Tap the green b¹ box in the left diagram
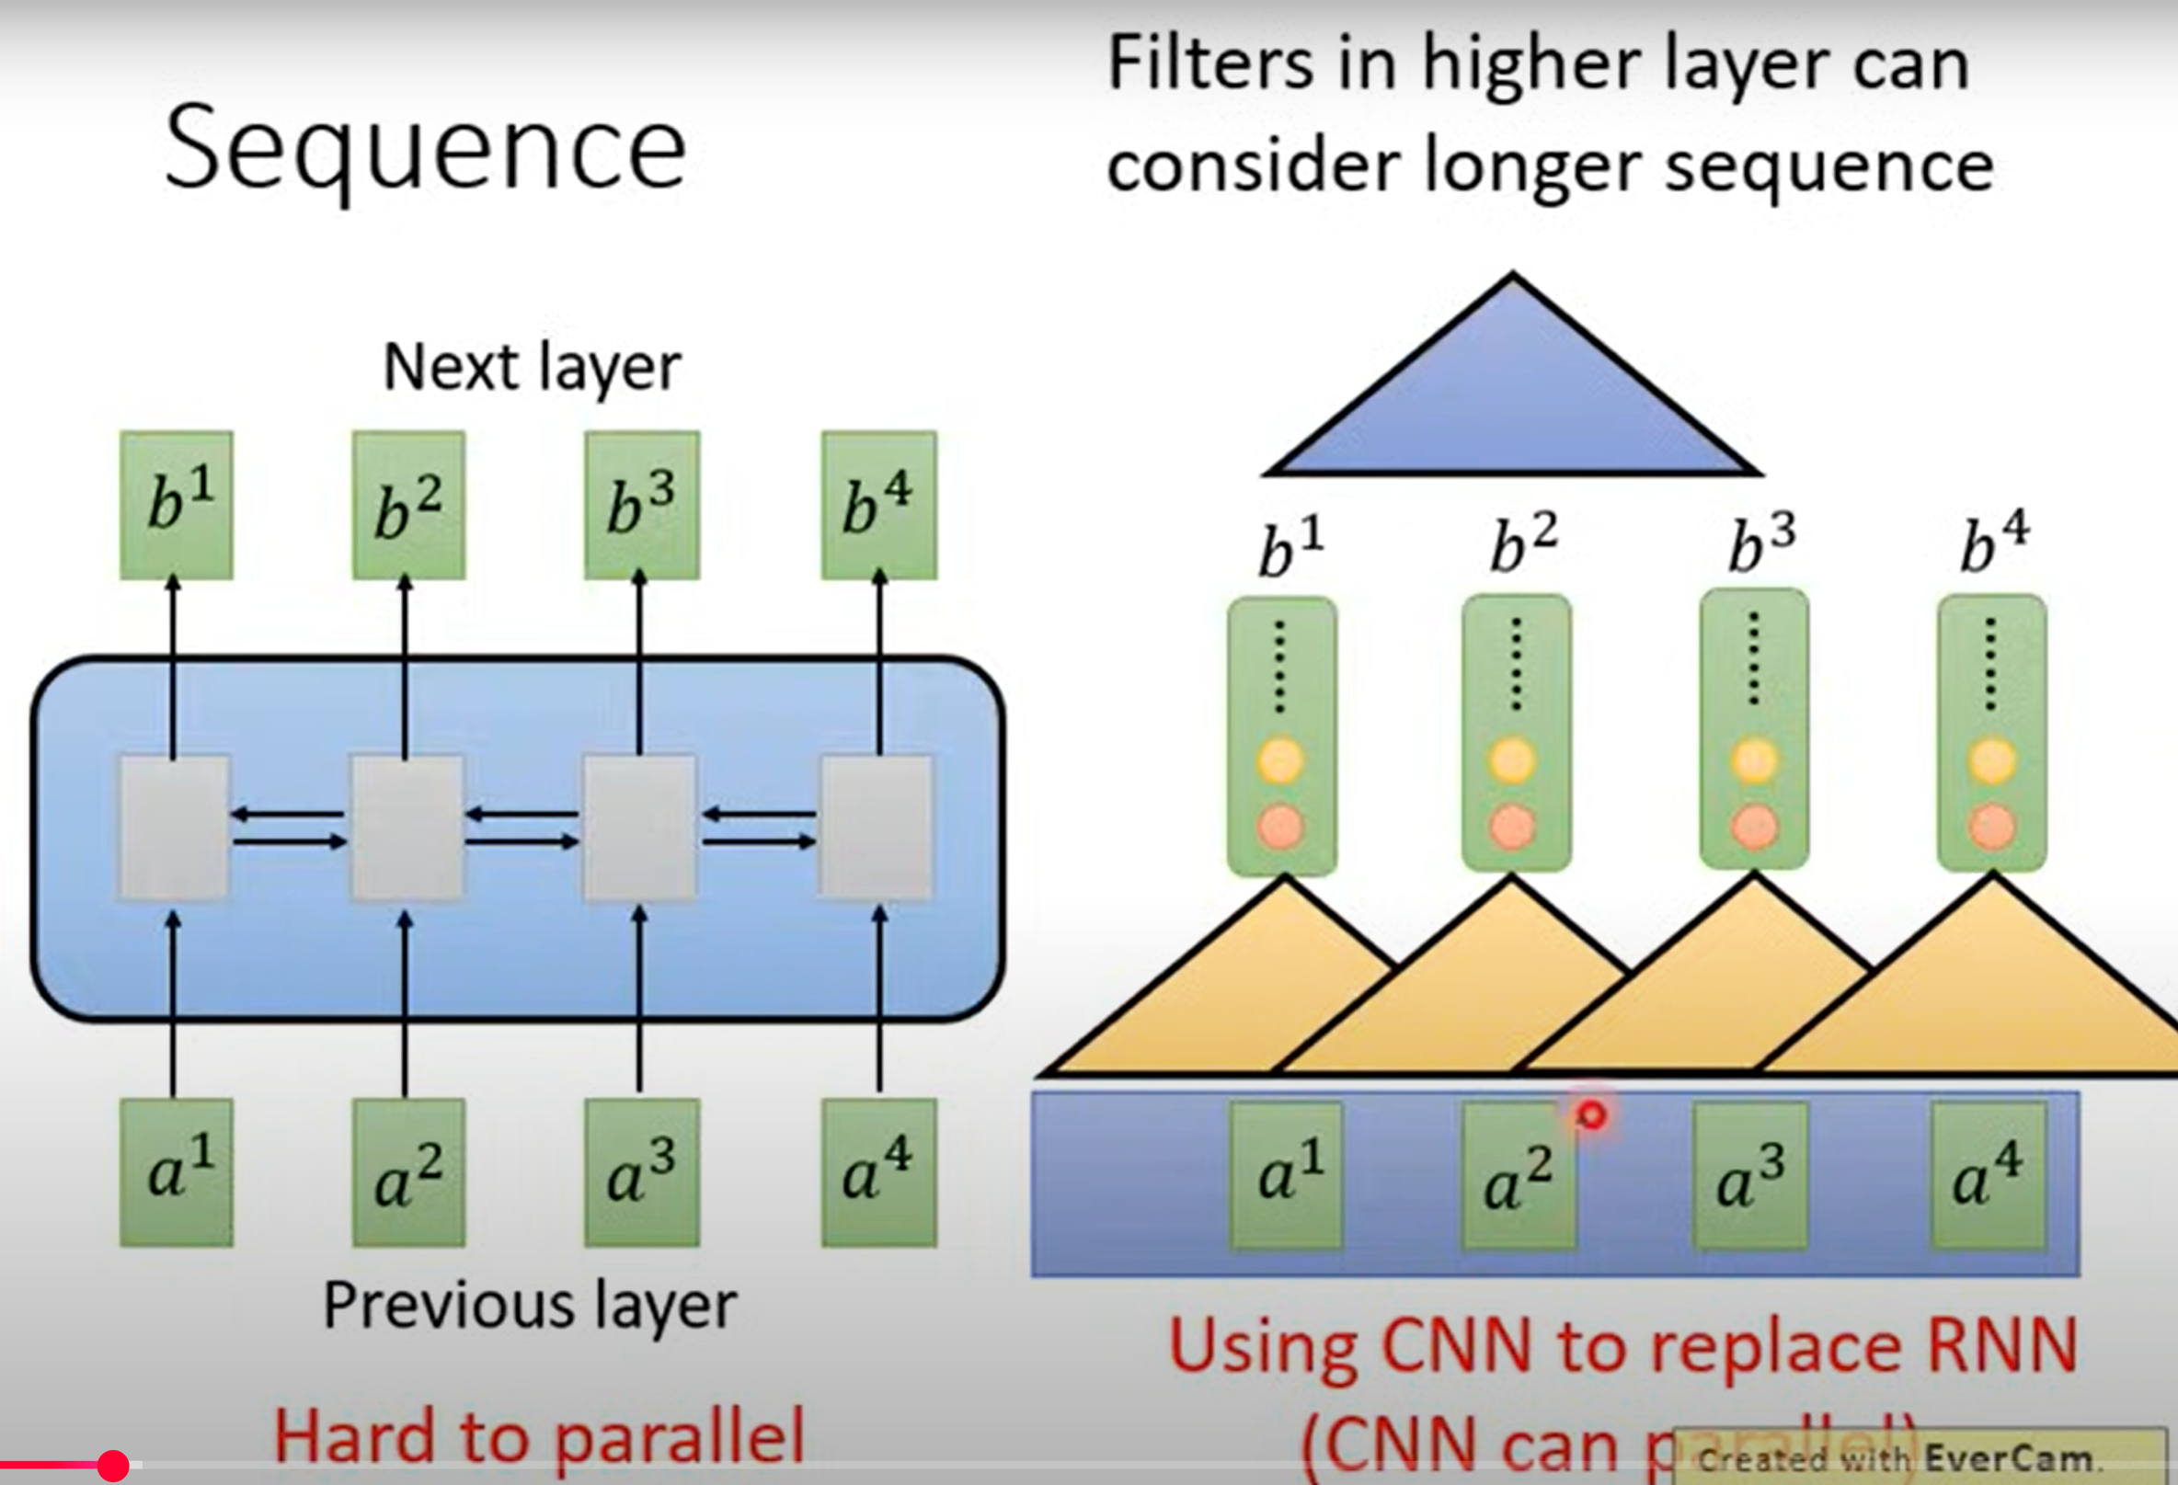pos(177,505)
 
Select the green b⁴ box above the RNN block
pos(878,505)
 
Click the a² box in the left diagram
pos(408,1172)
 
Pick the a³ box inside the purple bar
pos(1749,1177)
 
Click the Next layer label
pos(532,367)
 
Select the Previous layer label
pos(530,1305)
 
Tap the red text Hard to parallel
pos(539,1436)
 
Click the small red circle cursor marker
pos(1591,1115)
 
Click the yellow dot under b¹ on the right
pos(1281,760)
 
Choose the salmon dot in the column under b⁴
pos(1991,828)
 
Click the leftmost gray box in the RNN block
pos(174,828)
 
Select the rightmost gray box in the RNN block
pos(877,828)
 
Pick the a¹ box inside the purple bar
pos(1287,1177)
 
